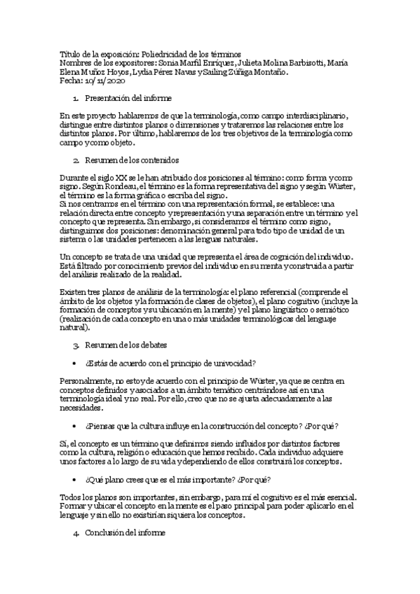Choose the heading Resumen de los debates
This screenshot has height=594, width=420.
pos(128,345)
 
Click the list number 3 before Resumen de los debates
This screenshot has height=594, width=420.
pos(76,345)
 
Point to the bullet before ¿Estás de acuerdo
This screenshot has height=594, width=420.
pos(76,363)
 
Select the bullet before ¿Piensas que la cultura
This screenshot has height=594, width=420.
pos(76,427)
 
